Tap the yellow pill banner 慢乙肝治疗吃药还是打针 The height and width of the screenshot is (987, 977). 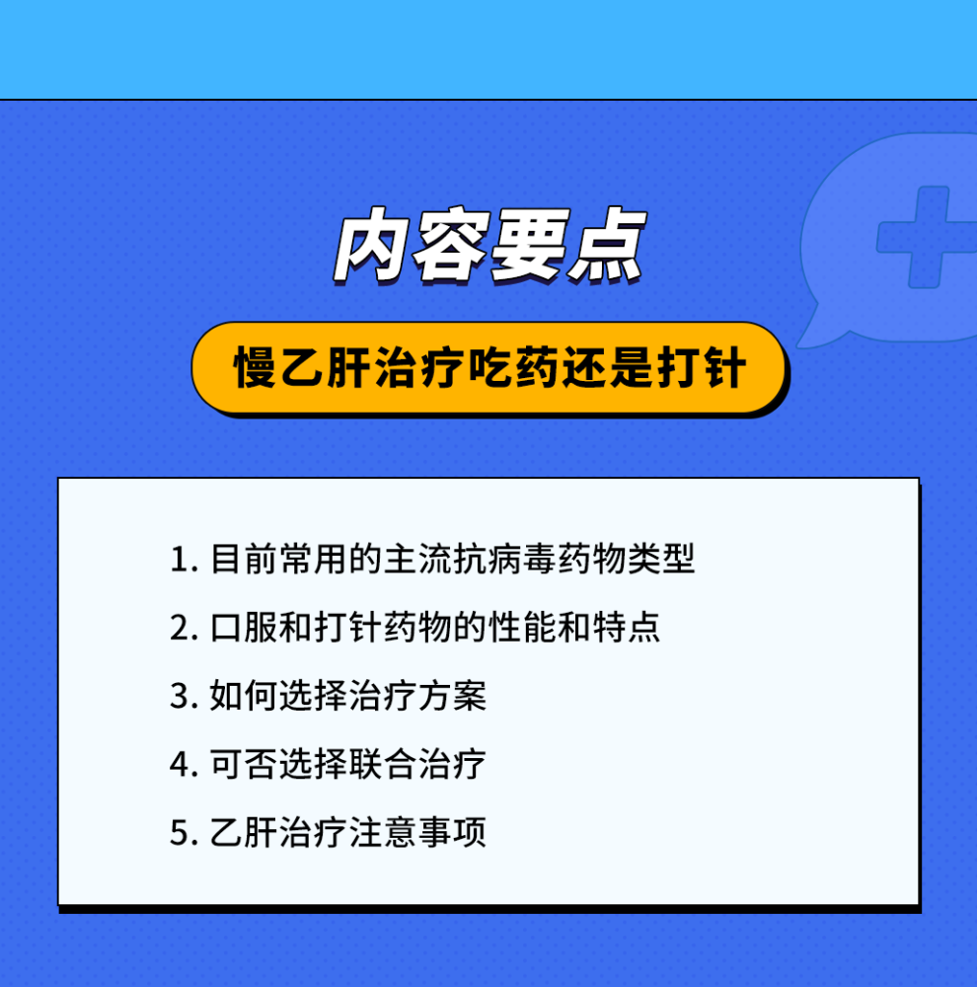488,368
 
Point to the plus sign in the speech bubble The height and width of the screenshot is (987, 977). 927,237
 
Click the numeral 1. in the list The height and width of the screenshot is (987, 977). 185,559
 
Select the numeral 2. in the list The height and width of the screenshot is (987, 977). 185,628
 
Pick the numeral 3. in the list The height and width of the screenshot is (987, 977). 185,696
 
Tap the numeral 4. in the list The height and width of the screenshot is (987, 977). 185,765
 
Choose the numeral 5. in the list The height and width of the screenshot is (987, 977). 185,833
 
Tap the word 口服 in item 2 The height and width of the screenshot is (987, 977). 244,627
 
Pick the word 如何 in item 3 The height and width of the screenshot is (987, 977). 244,696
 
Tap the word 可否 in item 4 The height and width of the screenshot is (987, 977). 244,764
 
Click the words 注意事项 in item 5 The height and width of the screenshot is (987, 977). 417,832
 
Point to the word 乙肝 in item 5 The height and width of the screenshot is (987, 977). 244,832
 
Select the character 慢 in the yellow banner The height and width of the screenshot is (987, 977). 256,367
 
